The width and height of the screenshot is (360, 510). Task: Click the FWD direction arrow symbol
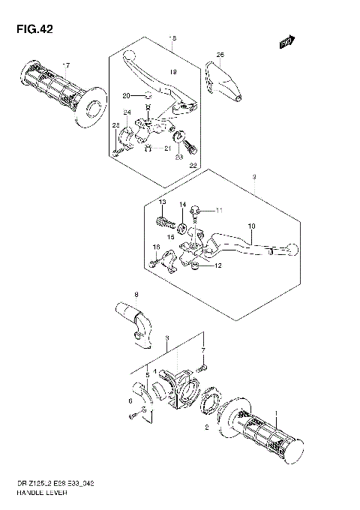coord(286,43)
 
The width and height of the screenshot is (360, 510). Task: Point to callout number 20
coord(126,95)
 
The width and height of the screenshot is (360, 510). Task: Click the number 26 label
coord(220,55)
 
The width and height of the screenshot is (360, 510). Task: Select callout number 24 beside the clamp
coord(127,113)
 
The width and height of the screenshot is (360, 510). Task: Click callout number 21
coord(168,148)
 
